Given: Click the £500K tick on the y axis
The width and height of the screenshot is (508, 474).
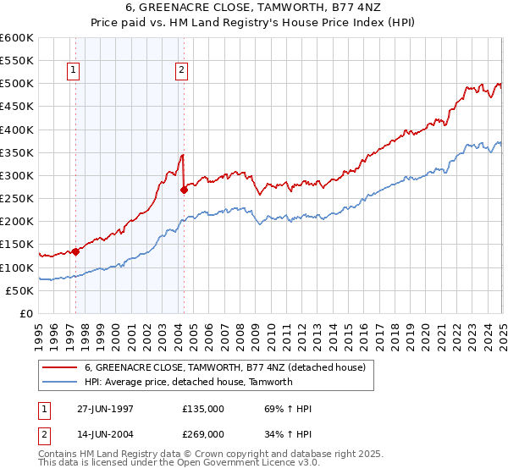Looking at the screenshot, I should [x=17, y=84].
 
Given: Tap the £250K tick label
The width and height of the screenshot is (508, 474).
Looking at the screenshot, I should [x=17, y=199].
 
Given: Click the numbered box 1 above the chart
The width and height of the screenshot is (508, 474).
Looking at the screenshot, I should [x=75, y=71].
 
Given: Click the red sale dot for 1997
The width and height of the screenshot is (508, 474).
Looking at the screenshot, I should [x=75, y=251].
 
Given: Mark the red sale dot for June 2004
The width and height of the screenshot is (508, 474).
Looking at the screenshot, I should [x=184, y=190].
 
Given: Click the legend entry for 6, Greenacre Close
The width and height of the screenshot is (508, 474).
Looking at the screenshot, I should [x=224, y=367].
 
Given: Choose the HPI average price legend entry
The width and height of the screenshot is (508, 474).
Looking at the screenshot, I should [x=188, y=382].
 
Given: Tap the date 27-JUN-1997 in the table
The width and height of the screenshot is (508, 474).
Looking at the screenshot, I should [x=105, y=409].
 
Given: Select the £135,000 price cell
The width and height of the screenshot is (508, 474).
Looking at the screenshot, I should [x=203, y=409].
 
